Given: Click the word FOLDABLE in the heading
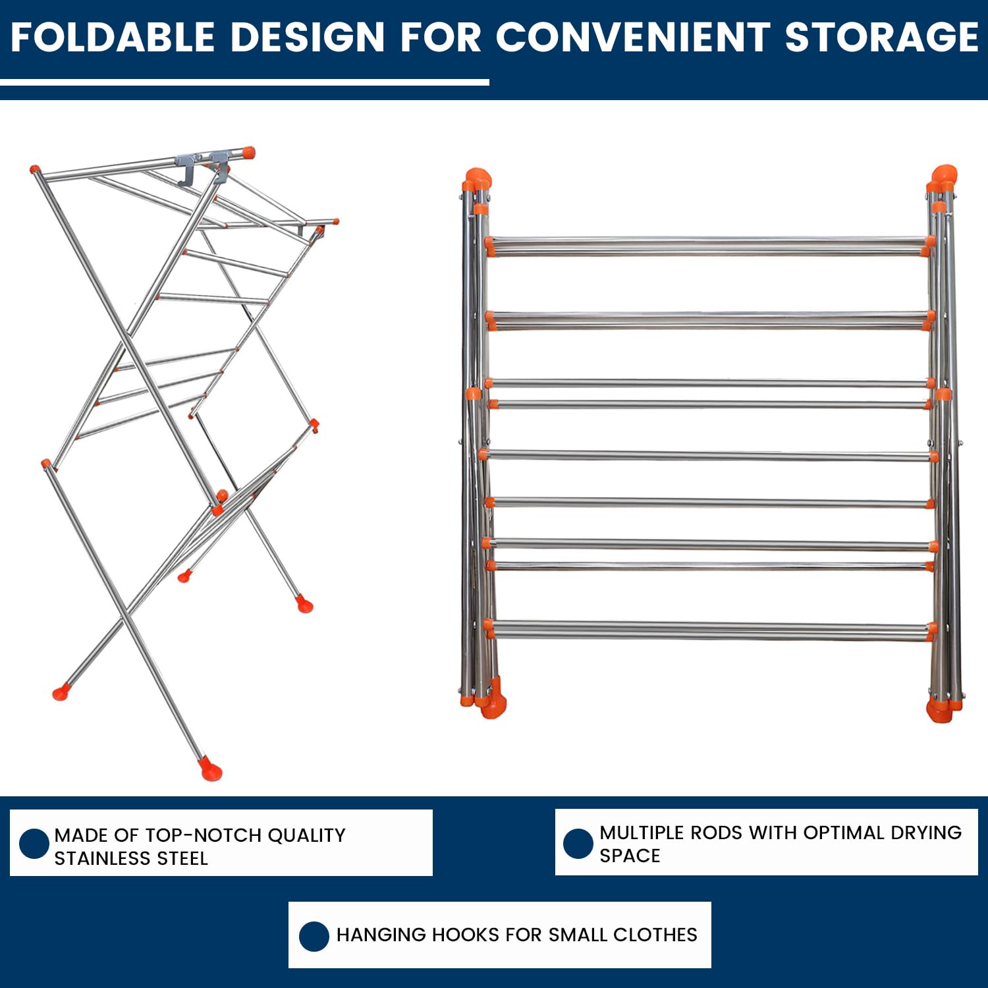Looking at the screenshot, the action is pos(113,37).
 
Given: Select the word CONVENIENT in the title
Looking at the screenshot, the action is pos(632,37).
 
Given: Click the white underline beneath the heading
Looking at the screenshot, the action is pos(244,82).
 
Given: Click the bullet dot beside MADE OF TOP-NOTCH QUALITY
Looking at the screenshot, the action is pos(34,844).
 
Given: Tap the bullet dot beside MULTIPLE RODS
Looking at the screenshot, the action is pos(578,844).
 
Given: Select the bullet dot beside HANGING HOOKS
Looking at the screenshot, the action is pos(314,936).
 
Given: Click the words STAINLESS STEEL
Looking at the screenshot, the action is pos(131,858).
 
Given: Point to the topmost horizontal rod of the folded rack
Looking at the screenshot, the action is pos(709,246).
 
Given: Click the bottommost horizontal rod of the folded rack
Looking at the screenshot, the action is pos(709,630).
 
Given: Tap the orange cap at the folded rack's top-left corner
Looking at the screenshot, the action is pos(477,180).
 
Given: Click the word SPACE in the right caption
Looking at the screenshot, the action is pos(630,856).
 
